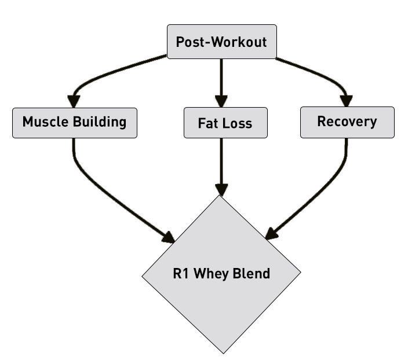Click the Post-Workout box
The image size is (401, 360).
(x=221, y=42)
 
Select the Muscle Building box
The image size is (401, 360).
(x=74, y=122)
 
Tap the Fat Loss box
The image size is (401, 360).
(x=225, y=123)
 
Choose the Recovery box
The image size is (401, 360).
(x=347, y=122)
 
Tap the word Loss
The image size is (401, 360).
(x=238, y=123)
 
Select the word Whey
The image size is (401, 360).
(x=210, y=273)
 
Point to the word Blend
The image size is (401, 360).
(x=251, y=273)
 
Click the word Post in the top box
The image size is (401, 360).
(x=189, y=42)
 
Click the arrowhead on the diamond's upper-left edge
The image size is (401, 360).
(x=170, y=237)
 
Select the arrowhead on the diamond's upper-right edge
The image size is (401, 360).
(x=270, y=234)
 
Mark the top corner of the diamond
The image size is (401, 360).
(x=221, y=195)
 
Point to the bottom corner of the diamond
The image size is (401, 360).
(x=223, y=352)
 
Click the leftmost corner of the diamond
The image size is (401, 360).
(x=143, y=274)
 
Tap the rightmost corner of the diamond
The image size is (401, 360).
(x=301, y=273)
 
